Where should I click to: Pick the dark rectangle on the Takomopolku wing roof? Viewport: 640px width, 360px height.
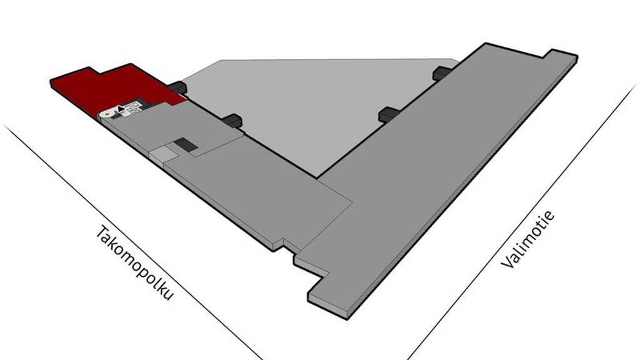pos(186,145)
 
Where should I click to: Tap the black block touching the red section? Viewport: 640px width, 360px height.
pos(177,87)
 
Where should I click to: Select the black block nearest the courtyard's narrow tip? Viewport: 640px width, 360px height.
pos(443,72)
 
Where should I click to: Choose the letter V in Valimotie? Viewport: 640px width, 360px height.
pos(506,262)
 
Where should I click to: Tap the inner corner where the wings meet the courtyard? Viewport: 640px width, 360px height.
pos(317,178)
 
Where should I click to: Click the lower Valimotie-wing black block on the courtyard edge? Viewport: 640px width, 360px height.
pos(389,114)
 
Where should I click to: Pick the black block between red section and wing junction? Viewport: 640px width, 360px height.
pos(232,120)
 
